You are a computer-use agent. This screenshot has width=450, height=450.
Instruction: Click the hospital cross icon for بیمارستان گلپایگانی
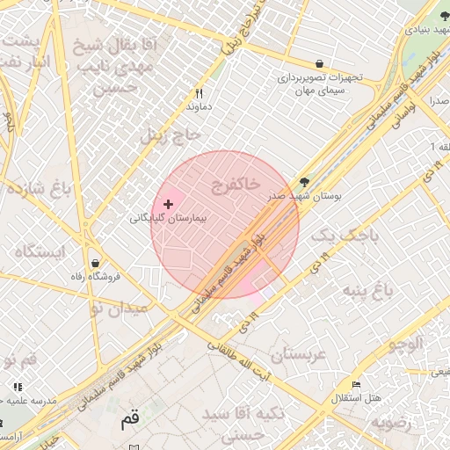(168, 204)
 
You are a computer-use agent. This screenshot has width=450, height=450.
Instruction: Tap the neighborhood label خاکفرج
(236, 183)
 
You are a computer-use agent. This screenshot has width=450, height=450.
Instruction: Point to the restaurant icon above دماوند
(200, 93)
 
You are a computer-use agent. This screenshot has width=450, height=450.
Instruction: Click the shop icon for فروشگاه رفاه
(94, 264)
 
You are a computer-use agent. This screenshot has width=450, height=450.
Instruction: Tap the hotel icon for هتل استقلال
(356, 386)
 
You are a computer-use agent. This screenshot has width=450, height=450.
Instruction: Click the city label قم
(130, 419)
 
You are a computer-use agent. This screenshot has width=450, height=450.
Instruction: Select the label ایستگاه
(40, 251)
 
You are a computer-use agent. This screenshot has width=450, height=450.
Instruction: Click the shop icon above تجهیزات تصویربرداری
(319, 63)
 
